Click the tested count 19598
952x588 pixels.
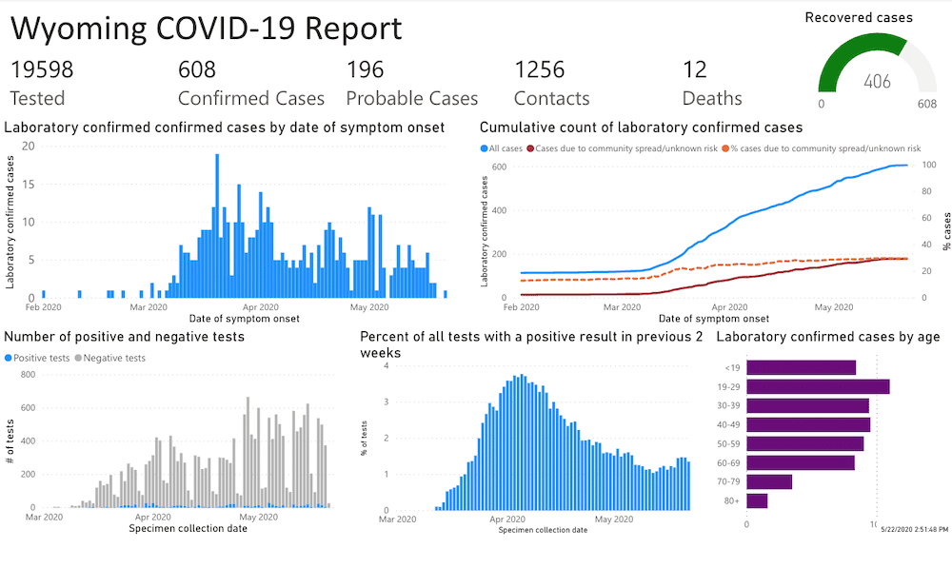click(42, 69)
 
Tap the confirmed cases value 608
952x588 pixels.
click(197, 69)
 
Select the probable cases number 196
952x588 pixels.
click(365, 69)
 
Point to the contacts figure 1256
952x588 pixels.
click(540, 69)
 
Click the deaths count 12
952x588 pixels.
click(695, 69)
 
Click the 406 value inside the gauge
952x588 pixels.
click(877, 82)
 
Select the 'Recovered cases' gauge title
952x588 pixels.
click(859, 17)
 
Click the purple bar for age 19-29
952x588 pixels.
click(818, 386)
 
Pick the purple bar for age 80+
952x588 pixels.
click(757, 500)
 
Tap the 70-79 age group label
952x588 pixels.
click(729, 481)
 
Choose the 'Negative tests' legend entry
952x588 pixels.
click(114, 358)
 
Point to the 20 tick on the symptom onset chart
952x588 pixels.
click(29, 146)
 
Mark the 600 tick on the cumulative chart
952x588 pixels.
click(498, 167)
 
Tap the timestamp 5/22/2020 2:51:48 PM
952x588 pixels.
click(914, 529)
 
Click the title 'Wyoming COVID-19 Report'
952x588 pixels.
click(207, 29)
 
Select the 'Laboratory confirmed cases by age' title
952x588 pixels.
click(828, 337)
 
